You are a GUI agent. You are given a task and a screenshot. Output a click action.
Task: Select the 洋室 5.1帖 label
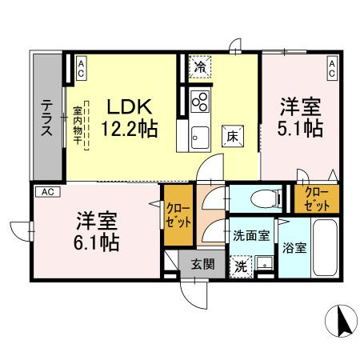coord(301,117)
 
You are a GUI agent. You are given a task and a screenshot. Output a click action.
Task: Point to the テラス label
coord(48,118)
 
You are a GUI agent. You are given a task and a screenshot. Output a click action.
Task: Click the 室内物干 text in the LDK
coord(78,125)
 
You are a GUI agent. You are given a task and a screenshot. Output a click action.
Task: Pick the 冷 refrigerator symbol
coord(199,69)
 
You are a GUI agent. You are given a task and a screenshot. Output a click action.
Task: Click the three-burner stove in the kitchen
coord(199,102)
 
